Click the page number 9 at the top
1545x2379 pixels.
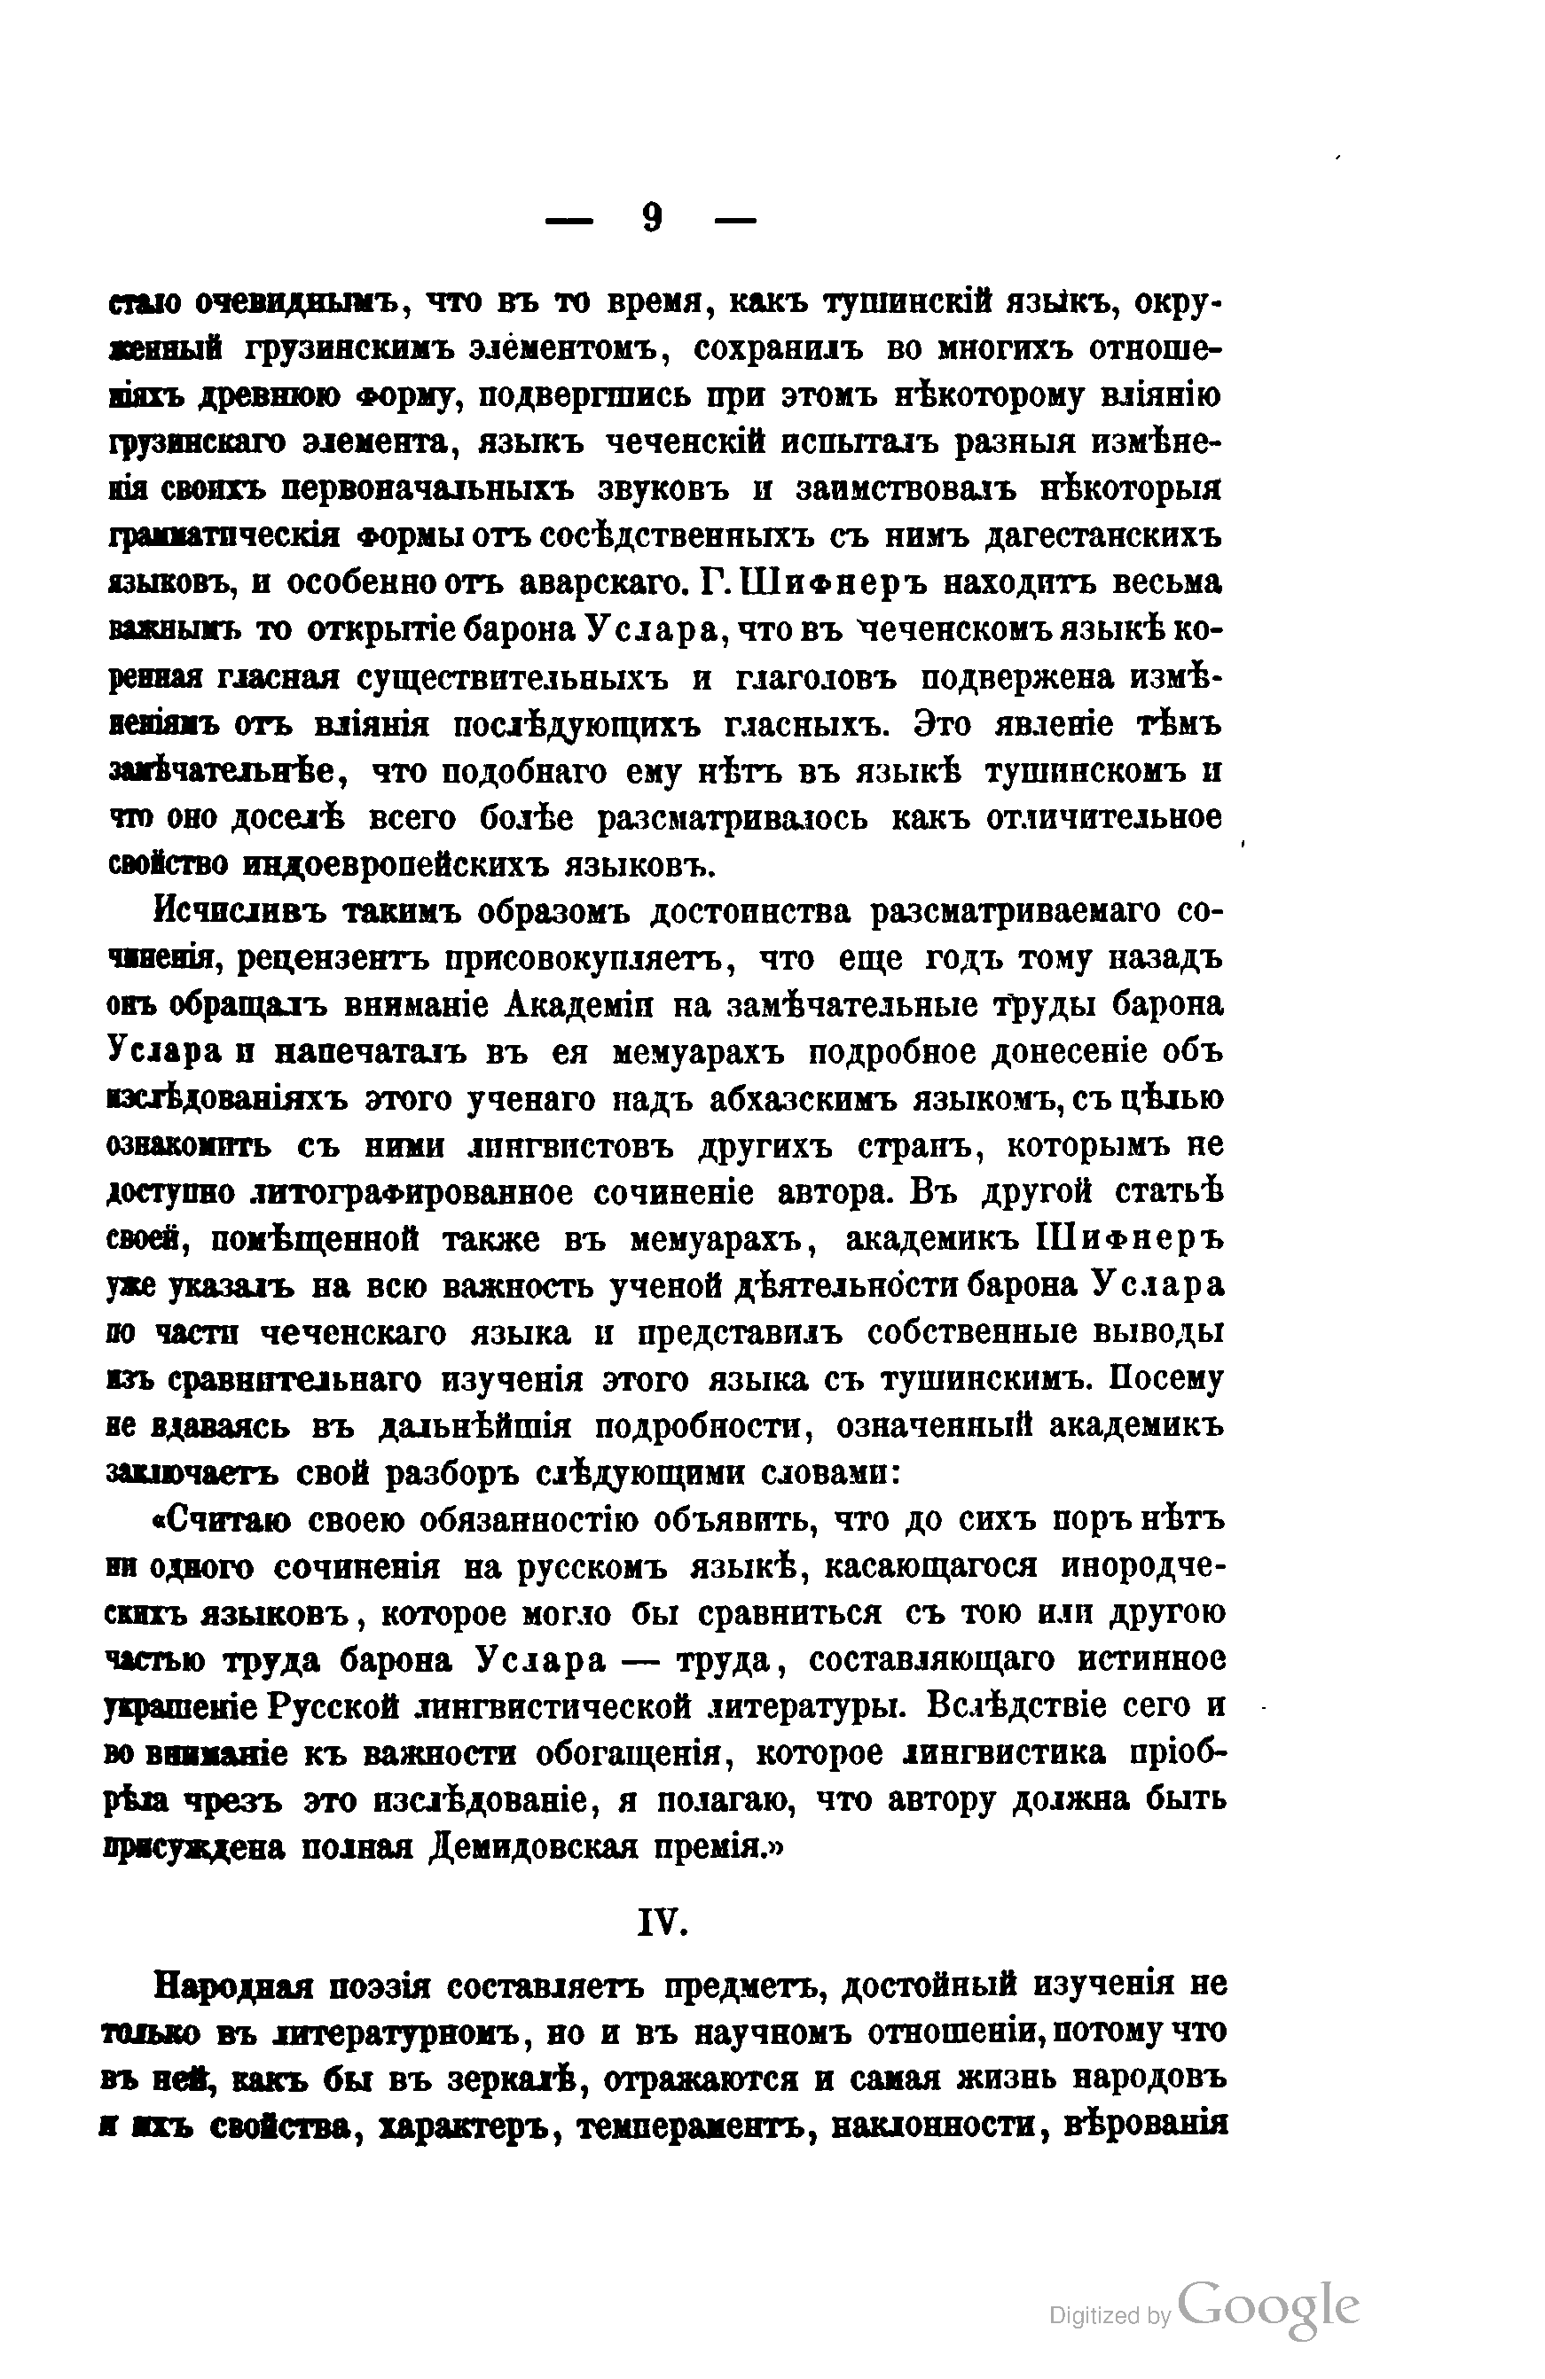651,219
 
